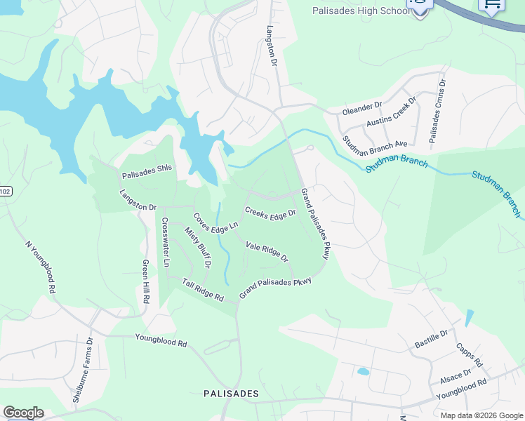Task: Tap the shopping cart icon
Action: tap(492, 5)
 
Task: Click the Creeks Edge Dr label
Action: tap(270, 213)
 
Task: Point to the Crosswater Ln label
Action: tap(166, 242)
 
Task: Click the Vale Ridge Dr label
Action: tap(267, 251)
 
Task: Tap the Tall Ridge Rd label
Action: tap(203, 290)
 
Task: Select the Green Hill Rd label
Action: tap(146, 281)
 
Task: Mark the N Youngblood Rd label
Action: tap(40, 267)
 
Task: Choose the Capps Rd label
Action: tap(469, 355)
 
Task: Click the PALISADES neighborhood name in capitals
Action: tap(231, 394)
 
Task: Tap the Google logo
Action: tap(23, 413)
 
